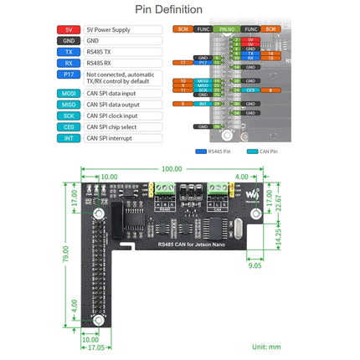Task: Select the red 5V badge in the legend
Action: [69, 29]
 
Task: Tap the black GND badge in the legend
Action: [69, 39]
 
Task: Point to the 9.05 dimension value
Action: [254, 270]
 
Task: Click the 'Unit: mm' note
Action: [267, 345]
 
